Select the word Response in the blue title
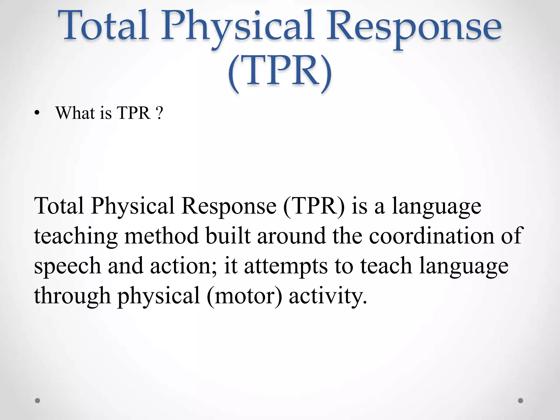[x=413, y=29]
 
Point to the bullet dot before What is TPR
[x=37, y=114]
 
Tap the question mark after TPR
[x=160, y=113]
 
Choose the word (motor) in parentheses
[x=244, y=296]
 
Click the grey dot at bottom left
[x=38, y=401]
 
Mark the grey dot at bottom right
[x=521, y=401]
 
